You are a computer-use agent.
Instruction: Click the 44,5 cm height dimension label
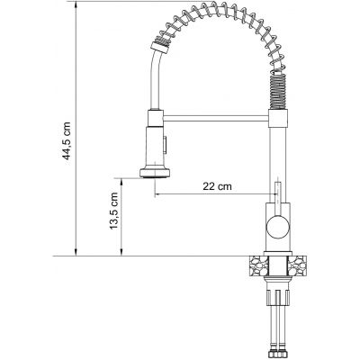click(67, 141)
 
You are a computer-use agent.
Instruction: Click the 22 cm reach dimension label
click(218, 186)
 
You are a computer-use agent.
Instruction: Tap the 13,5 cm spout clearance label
click(114, 211)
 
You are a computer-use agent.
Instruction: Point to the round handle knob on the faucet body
click(278, 227)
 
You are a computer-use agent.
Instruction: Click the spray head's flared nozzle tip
click(155, 174)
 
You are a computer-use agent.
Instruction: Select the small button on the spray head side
click(165, 144)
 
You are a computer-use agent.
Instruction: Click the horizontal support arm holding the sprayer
click(216, 119)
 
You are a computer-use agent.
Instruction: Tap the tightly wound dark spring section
click(278, 89)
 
